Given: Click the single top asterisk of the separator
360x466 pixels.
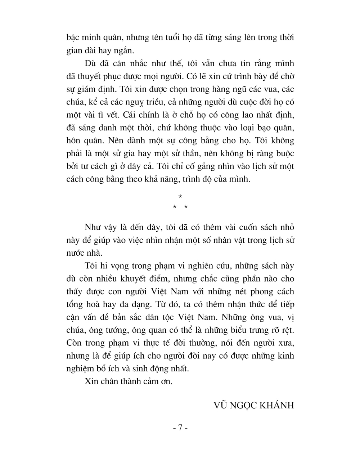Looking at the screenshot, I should tap(180, 196).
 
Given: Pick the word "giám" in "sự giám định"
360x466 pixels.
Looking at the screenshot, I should tap(92, 89).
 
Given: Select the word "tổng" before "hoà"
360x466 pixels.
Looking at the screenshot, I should tap(75, 305).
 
